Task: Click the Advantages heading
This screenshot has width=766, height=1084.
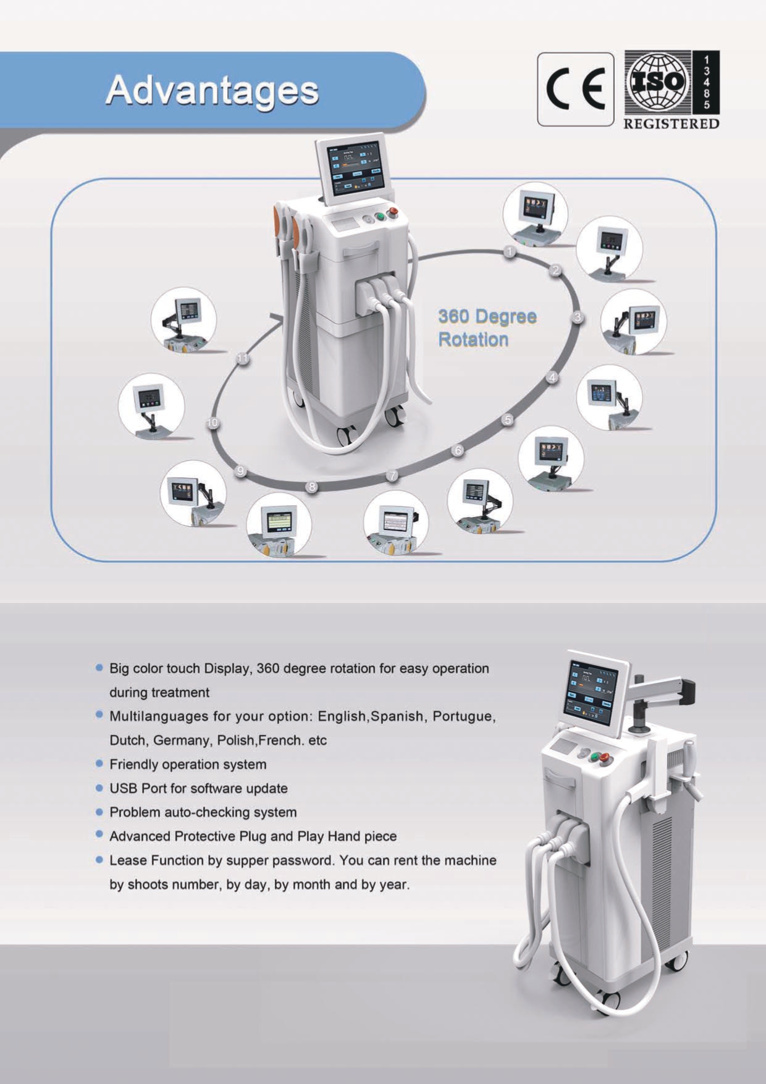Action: [x=212, y=91]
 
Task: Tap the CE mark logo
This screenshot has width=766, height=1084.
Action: [x=575, y=90]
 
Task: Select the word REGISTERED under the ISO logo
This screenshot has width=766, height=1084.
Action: [x=671, y=124]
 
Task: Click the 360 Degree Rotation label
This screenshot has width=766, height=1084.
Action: [x=487, y=327]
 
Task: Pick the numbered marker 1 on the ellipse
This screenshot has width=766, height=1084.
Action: [x=510, y=251]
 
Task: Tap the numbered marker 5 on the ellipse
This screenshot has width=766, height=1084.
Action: [x=508, y=419]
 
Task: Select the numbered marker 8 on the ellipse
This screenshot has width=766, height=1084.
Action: [x=313, y=487]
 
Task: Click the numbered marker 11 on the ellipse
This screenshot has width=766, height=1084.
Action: [x=243, y=359]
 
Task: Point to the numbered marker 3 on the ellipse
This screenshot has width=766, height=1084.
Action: [x=578, y=317]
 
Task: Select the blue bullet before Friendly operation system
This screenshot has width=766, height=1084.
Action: [x=99, y=764]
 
